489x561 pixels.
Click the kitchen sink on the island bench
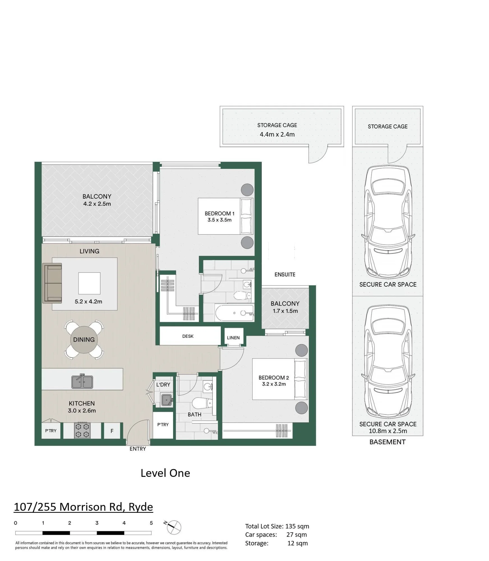(x=82, y=381)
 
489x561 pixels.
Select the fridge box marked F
(x=112, y=431)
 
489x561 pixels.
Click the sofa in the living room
(x=52, y=283)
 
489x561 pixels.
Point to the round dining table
(x=84, y=340)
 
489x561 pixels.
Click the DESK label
(x=188, y=336)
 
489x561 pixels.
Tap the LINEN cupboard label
(x=233, y=338)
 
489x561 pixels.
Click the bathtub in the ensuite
(x=235, y=313)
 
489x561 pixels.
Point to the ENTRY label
(x=137, y=449)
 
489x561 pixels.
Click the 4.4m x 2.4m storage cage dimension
(x=277, y=134)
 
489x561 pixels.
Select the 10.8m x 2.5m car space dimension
(x=388, y=431)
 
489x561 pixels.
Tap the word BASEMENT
(x=387, y=442)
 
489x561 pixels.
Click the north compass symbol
(x=173, y=527)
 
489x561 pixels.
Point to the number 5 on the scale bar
(x=151, y=523)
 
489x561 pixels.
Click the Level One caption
(x=165, y=473)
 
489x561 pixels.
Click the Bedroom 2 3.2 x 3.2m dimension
(x=274, y=384)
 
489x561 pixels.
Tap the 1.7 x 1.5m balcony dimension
(x=285, y=311)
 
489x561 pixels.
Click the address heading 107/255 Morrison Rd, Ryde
(x=83, y=507)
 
